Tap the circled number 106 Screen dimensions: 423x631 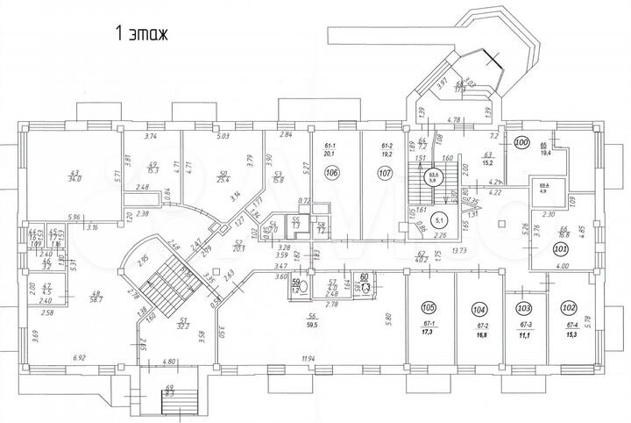332,173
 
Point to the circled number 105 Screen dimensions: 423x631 429,308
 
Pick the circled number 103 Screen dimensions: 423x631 525,309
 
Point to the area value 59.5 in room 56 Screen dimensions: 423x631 311,325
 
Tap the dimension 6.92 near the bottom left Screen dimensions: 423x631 80,358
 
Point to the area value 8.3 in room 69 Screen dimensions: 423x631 170,395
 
